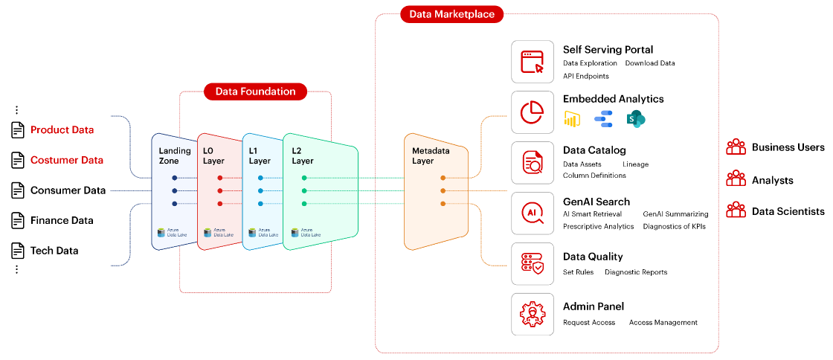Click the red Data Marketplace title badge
click(x=451, y=13)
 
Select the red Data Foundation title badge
click(x=255, y=91)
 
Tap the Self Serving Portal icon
click(x=533, y=62)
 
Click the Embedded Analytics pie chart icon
click(x=533, y=112)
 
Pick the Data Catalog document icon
click(x=533, y=163)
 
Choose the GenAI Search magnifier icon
click(x=533, y=213)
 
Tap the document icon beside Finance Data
click(x=18, y=220)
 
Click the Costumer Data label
click(x=67, y=160)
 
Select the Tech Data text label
click(x=54, y=251)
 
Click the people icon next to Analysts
click(x=736, y=179)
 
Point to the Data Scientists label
click(x=788, y=211)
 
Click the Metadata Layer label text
click(x=431, y=155)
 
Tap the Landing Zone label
click(x=175, y=155)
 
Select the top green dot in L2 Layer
click(x=304, y=178)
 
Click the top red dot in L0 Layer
click(x=219, y=178)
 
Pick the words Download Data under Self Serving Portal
click(x=650, y=63)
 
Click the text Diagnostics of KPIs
click(x=674, y=226)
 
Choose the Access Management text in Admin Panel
click(x=663, y=322)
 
